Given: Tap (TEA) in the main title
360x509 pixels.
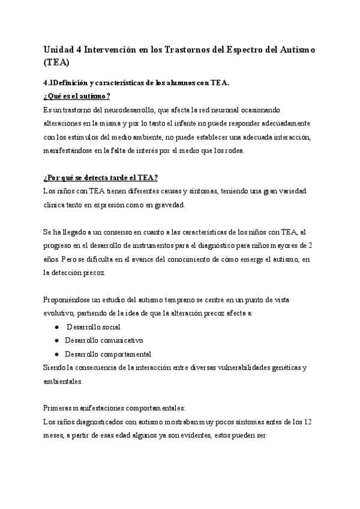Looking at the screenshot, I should (57, 62).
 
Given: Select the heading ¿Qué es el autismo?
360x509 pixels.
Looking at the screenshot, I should (76, 96).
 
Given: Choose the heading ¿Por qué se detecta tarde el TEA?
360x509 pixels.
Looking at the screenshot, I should (100, 177).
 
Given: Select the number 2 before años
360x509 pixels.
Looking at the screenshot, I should (308, 245).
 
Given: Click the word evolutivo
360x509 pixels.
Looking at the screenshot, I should (59, 313).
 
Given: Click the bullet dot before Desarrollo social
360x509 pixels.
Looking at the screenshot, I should (56, 327).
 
